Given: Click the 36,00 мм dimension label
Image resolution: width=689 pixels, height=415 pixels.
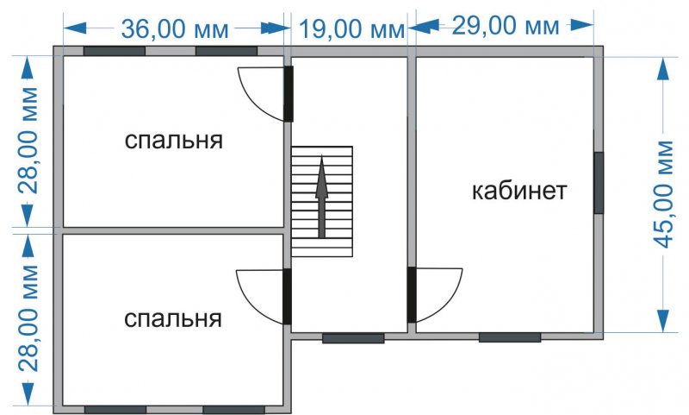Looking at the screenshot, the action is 175,29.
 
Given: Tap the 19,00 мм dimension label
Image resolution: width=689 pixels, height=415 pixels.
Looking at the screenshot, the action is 351,29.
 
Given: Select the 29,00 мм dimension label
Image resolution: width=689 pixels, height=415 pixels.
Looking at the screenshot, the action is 506,26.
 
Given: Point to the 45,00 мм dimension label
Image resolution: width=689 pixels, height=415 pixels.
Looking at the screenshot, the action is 662,194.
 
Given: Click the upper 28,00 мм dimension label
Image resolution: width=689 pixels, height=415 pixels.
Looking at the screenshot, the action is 29,141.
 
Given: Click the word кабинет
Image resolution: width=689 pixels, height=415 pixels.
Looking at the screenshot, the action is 519,191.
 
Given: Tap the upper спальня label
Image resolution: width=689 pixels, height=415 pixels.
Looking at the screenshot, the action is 174,141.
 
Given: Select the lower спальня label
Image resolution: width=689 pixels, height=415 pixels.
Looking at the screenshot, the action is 173,318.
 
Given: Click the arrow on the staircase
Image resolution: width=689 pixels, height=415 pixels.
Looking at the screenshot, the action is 322,197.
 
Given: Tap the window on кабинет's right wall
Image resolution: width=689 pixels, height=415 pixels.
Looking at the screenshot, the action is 599,183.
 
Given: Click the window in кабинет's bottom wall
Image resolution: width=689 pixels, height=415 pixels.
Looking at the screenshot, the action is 510,337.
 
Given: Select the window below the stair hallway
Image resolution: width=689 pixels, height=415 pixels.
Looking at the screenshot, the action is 353,338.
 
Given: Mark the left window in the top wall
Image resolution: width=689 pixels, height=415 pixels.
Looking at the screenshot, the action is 115,51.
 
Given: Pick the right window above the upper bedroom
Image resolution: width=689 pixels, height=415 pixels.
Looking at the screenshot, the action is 227,51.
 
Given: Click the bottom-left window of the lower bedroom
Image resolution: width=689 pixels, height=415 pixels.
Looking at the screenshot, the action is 115,410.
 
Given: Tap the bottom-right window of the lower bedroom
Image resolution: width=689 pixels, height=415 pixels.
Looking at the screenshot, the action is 233,410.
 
